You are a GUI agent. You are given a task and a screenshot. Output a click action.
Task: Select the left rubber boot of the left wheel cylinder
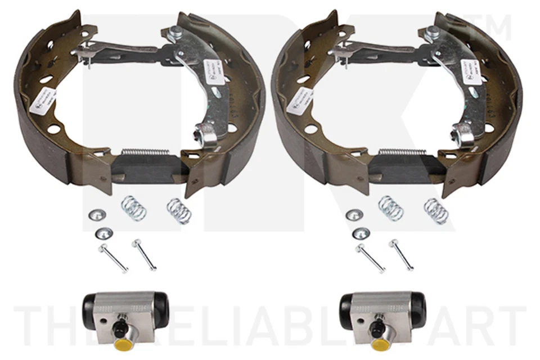(90, 307)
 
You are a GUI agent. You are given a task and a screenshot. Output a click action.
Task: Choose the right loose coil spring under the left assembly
(179, 210)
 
